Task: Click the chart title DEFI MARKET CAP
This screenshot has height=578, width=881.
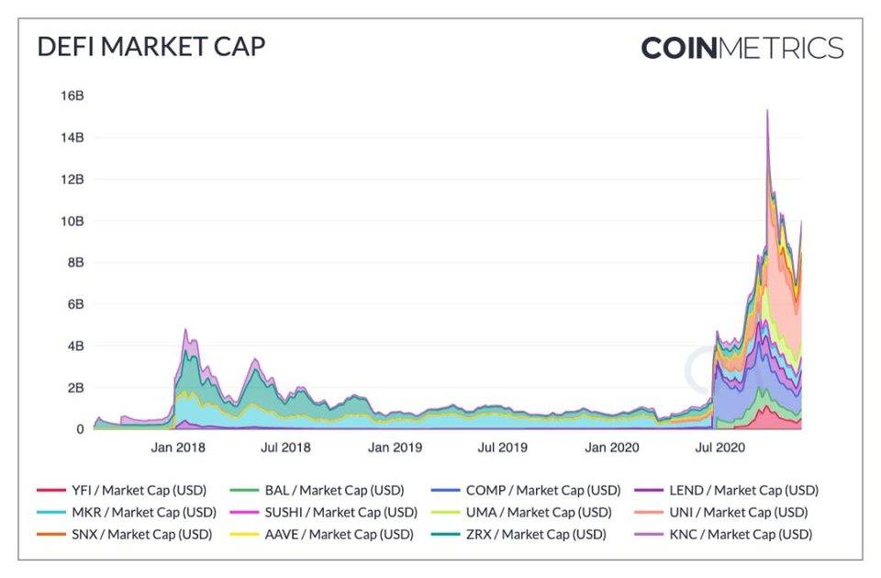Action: point(151,47)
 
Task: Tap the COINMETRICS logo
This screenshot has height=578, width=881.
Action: point(742,48)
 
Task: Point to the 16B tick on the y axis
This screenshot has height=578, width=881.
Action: point(72,96)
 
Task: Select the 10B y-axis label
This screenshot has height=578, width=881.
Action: point(72,221)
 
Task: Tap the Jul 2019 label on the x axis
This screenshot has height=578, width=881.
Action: point(499,448)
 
